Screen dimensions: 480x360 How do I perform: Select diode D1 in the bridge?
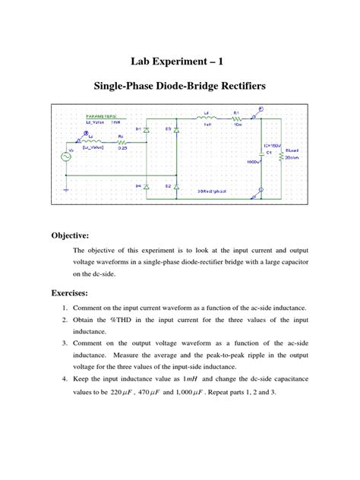(x=147, y=130)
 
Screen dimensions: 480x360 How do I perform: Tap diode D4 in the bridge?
(x=147, y=185)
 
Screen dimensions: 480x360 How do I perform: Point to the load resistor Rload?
(x=282, y=157)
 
